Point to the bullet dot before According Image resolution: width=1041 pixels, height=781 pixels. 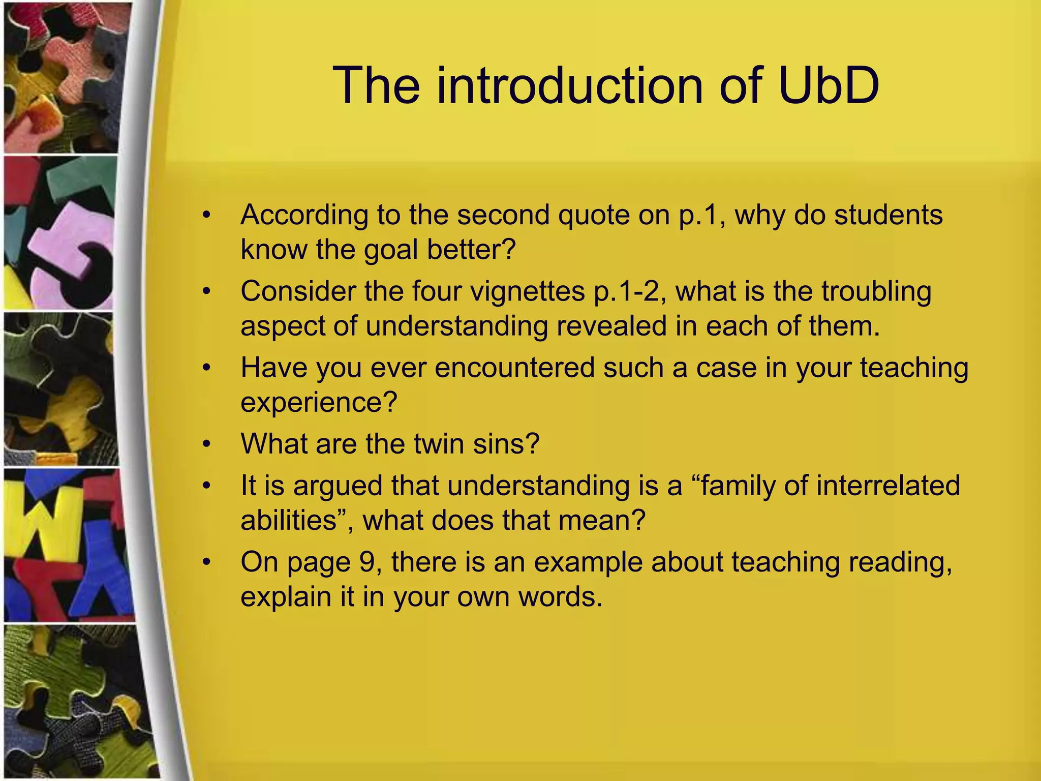click(206, 216)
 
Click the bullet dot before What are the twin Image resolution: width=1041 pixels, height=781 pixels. click(206, 444)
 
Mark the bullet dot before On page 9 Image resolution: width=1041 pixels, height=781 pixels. click(206, 562)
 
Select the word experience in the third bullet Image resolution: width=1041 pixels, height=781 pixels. click(318, 403)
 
